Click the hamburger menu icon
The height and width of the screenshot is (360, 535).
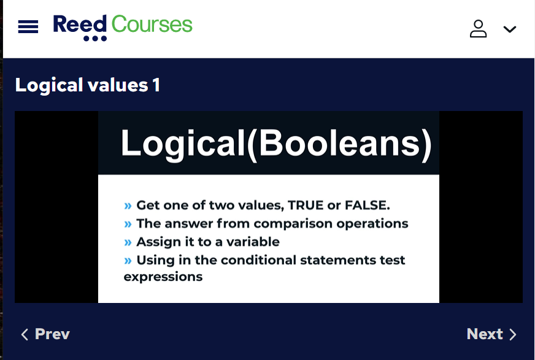pos(28,26)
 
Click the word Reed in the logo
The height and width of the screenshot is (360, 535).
pos(80,25)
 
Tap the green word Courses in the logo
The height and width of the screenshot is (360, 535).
pos(152,24)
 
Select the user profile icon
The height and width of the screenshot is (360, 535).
pos(478,29)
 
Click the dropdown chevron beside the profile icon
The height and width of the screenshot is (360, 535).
pos(510,29)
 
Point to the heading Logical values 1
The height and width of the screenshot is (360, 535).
pos(88,85)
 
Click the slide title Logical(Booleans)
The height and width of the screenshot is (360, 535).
pos(276,144)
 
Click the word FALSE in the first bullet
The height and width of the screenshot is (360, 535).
pos(367,205)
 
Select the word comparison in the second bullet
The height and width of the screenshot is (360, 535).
pos(293,224)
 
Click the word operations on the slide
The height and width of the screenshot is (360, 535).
pos(372,224)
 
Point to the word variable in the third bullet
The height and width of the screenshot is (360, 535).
pos(253,242)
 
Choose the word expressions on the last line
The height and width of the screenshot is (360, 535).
pos(163,277)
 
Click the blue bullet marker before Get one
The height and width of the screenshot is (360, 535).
pos(128,206)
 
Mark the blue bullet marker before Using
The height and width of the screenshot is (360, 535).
pos(128,261)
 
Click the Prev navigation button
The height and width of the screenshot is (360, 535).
pos(45,334)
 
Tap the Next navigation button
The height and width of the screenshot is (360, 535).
pos(491,334)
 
